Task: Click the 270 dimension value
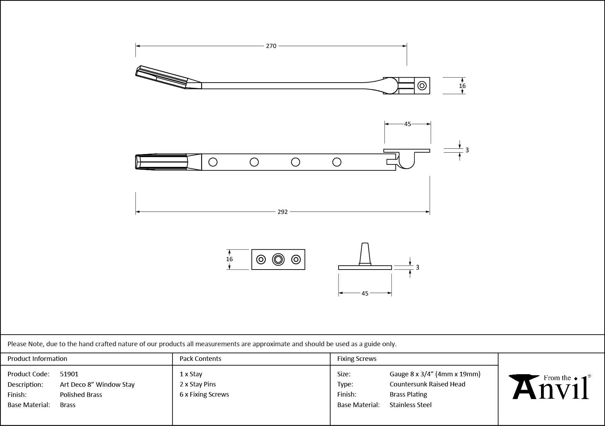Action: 271,46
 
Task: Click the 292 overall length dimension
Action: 282,212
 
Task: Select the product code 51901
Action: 69,374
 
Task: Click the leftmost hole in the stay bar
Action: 213,162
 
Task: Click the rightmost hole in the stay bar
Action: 337,162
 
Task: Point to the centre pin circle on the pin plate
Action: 278,259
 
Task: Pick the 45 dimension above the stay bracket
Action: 407,124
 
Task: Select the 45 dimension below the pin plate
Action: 365,293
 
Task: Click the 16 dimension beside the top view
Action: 462,86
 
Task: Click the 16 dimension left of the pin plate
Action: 229,259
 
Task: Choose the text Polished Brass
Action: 81,394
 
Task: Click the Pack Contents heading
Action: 200,358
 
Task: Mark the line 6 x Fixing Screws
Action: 204,394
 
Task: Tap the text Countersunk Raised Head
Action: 427,384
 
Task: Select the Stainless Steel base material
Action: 411,405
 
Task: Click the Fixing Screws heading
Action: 357,358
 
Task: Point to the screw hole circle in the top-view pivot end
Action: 422,86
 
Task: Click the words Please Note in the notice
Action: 25,344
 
